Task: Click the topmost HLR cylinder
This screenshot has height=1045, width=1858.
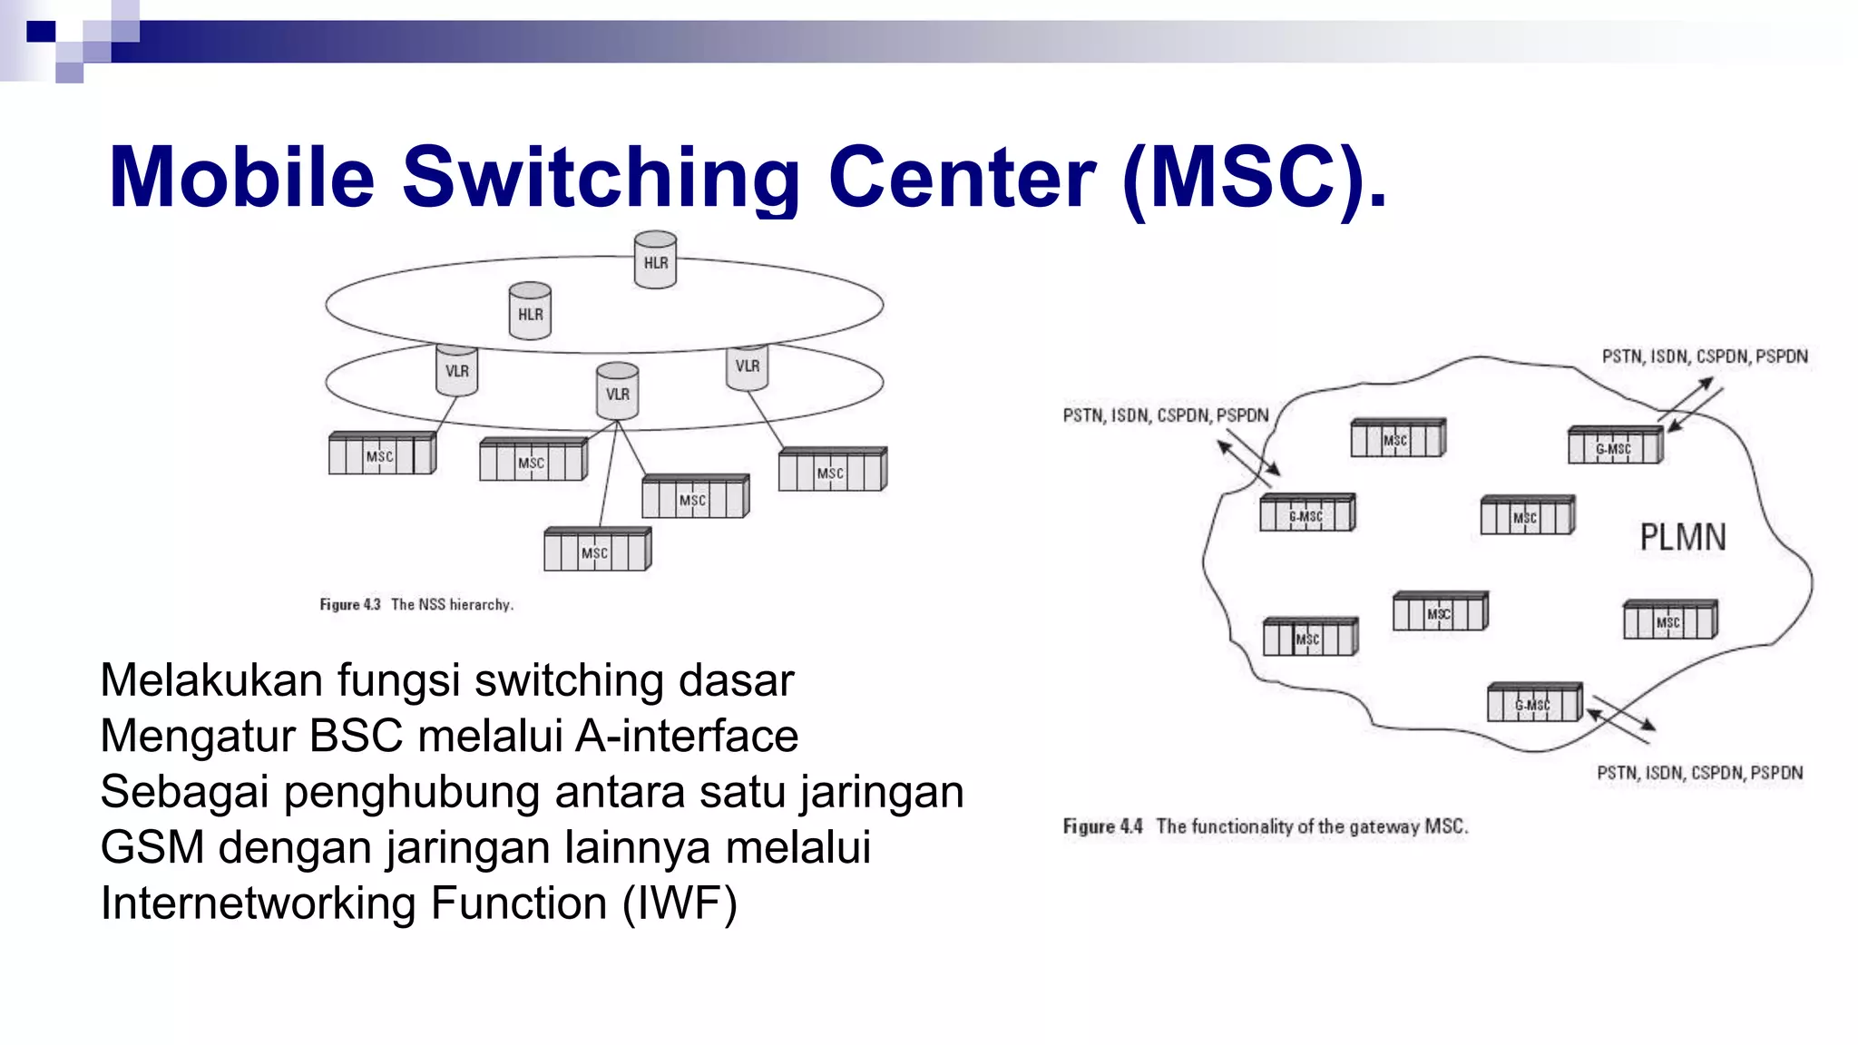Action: coord(655,260)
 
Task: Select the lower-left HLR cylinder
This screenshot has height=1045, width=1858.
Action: coord(530,311)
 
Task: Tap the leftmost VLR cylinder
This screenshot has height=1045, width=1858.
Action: coord(456,369)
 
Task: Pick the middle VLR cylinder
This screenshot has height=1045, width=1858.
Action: coord(617,391)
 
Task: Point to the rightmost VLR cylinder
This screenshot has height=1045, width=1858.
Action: coord(747,366)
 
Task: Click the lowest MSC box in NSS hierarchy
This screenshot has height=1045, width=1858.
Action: coord(597,550)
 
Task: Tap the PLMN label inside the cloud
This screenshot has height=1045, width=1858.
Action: coord(1682,538)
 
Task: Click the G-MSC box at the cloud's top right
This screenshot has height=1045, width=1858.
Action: coord(1615,445)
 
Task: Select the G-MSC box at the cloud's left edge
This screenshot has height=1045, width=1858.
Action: coord(1306,513)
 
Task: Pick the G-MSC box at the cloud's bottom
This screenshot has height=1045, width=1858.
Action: coord(1534,703)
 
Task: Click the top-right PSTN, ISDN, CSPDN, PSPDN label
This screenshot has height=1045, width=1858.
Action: coord(1704,356)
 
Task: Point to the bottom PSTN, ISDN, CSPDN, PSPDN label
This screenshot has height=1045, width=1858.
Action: coord(1699,773)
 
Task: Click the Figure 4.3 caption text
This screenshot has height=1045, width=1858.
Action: coord(416,604)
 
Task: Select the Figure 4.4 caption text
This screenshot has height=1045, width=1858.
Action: coord(1265,826)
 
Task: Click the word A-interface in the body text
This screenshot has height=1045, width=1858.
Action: coord(687,736)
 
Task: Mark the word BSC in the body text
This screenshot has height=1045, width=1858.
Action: coord(356,736)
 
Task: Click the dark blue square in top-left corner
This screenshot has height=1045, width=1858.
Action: coord(41,33)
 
